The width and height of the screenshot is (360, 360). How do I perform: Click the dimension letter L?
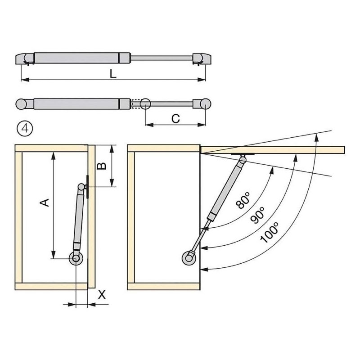pyautogui.click(x=113, y=74)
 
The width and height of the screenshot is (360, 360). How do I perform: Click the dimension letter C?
pyautogui.click(x=175, y=119)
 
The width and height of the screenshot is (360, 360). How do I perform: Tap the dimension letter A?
pyautogui.click(x=45, y=202)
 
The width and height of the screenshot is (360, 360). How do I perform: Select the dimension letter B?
pyautogui.click(x=102, y=166)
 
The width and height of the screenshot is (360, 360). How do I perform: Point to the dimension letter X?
pyautogui.click(x=102, y=295)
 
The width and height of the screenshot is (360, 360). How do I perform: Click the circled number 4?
pyautogui.click(x=25, y=129)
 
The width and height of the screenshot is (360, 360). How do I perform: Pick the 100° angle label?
pyautogui.click(x=270, y=233)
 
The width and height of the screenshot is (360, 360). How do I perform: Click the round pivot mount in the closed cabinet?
pyautogui.click(x=76, y=258)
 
